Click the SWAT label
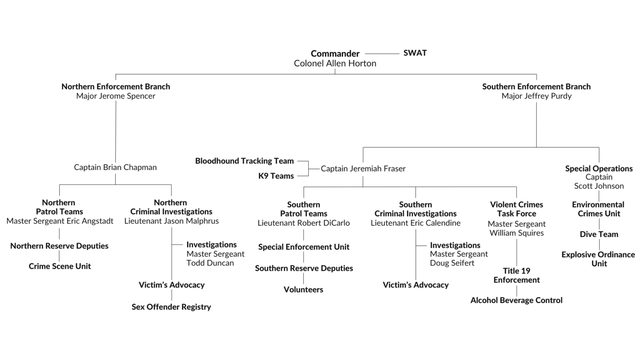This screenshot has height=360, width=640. coord(415,53)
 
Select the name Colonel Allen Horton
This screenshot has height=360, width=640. coord(335,63)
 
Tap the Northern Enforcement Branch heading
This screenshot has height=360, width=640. coord(115,87)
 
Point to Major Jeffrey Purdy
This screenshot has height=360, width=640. coord(536,96)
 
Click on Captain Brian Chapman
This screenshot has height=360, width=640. coord(115,167)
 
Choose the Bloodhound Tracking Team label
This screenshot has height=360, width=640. coord(244,161)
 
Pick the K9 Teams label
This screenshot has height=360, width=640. coord(276,176)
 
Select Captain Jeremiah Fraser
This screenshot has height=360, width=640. coord(363,169)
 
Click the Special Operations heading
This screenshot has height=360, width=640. coord(599,168)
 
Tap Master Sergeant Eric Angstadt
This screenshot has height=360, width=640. coord(60,221)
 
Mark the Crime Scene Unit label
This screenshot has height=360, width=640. coord(60,266)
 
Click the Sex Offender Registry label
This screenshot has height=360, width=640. coord(171,307)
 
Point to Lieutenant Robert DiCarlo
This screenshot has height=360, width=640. coord(303,223)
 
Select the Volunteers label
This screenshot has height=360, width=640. coord(303,290)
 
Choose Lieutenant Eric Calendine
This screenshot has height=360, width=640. coord(415,223)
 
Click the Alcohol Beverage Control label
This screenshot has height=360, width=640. coord(516,300)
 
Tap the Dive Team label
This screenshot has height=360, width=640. coord(599,234)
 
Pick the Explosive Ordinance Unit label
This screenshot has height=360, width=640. coord(599,259)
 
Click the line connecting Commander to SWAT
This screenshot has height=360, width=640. coord(382,53)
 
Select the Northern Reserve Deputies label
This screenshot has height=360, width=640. coord(60,246)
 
